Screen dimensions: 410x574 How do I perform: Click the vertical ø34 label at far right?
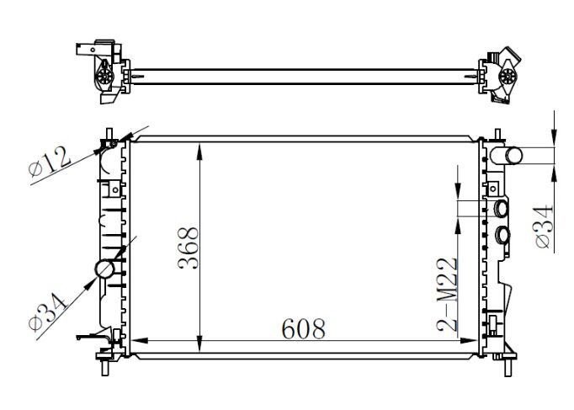click(x=543, y=228)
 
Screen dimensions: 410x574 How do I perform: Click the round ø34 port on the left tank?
click(x=105, y=269)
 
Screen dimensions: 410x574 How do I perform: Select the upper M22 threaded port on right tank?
click(x=502, y=209)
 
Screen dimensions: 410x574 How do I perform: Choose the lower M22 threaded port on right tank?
click(x=504, y=234)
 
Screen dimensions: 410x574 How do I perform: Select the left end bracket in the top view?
click(x=104, y=72)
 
